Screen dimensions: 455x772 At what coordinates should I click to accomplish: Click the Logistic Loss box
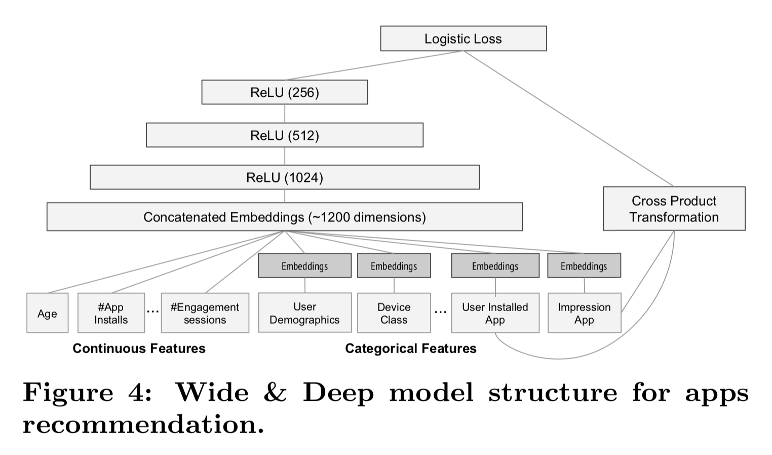[463, 39]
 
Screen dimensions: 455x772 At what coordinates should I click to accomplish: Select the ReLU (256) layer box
[284, 92]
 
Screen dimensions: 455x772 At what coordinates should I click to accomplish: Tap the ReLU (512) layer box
[284, 135]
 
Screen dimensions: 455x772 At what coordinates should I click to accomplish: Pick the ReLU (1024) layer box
[284, 177]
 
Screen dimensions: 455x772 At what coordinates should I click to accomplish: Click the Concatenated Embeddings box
[284, 217]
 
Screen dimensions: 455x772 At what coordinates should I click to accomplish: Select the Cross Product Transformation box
[674, 209]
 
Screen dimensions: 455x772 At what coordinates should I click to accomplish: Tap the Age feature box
[47, 313]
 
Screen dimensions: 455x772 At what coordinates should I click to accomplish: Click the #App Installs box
[111, 313]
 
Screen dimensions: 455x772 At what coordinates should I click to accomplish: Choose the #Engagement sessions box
[205, 313]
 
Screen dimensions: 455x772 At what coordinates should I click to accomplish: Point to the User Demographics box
[304, 313]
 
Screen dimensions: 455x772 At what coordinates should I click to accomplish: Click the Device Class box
[394, 313]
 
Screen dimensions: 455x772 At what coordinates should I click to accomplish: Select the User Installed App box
[495, 313]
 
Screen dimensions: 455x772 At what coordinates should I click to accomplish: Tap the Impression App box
[584, 313]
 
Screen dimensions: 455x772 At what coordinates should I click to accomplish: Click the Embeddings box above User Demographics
[304, 266]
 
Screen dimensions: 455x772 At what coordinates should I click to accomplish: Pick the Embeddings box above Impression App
[584, 266]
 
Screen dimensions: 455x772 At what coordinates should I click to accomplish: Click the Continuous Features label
[139, 349]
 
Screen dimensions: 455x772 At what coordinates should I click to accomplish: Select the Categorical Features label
[410, 349]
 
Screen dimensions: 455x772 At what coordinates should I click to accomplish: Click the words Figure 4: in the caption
[87, 393]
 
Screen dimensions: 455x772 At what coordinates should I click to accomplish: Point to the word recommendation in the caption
[143, 425]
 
